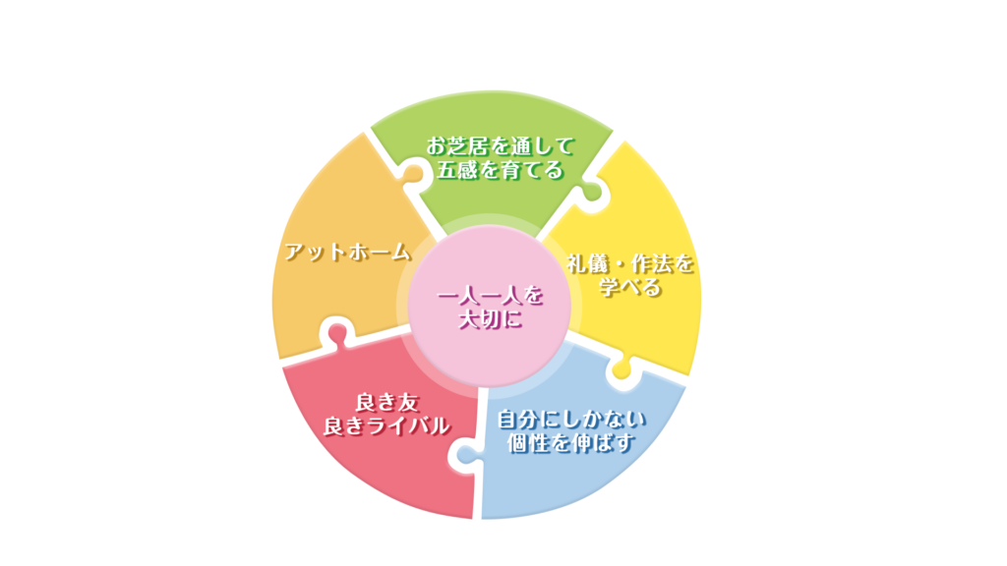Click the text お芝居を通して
tap(500, 146)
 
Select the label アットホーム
tap(347, 252)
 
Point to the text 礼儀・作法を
tap(630, 264)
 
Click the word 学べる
tap(630, 288)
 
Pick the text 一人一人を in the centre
tap(489, 296)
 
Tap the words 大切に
tap(489, 319)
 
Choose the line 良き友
tap(386, 401)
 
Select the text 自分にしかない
tap(571, 420)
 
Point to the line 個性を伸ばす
tap(571, 443)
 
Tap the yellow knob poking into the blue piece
tap(622, 370)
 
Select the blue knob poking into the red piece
tap(465, 453)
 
